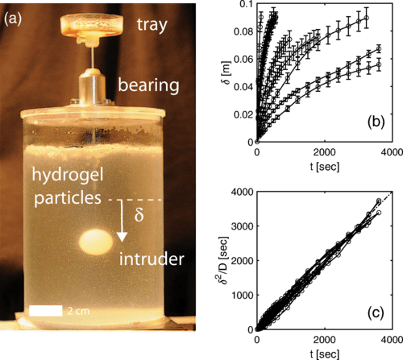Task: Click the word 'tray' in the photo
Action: pos(152,25)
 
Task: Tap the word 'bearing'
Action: pos(148,85)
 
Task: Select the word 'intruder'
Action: pos(152,259)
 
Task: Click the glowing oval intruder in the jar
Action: pos(96,242)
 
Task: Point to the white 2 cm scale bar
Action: pos(46,311)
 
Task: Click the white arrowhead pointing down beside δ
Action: pos(122,237)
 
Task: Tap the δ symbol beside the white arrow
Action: pos(139,214)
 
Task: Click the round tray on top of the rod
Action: pos(92,25)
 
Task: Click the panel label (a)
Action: pos(13,19)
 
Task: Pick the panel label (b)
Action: pos(376,122)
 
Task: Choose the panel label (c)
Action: pos(376,312)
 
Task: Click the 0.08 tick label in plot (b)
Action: pos(243,32)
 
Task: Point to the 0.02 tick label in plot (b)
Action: pos(243,114)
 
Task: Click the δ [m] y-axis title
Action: pos(227,73)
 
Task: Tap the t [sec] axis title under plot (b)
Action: pos(325,167)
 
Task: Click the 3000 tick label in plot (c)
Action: pos(243,226)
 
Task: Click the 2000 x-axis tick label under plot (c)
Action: pos(325,340)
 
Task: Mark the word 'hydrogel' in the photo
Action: pos(68,176)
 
